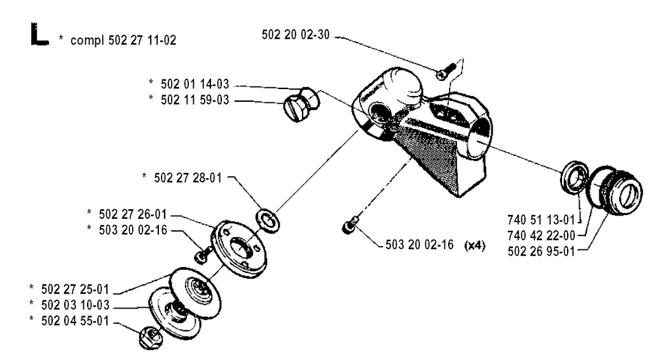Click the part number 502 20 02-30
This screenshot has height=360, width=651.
point(297,34)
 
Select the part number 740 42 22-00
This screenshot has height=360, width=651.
point(542,235)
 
